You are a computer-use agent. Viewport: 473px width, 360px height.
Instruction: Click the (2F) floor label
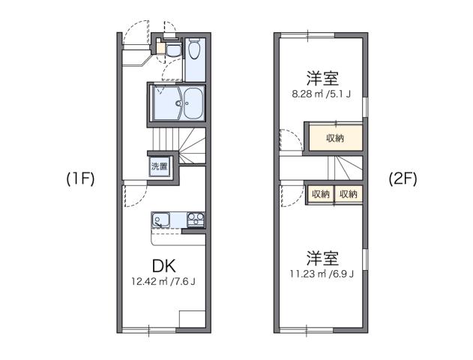pyautogui.click(x=403, y=179)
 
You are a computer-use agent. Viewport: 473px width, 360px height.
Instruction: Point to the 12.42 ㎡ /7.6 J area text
pyautogui.click(x=163, y=282)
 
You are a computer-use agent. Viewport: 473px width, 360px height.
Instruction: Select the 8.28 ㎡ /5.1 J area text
pyautogui.click(x=320, y=95)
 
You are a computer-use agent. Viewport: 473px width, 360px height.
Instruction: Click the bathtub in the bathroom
pyautogui.click(x=193, y=103)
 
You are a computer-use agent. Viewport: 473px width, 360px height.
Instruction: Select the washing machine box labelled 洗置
pyautogui.click(x=159, y=166)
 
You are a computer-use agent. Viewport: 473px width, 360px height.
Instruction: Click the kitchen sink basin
pyautogui.click(x=160, y=220)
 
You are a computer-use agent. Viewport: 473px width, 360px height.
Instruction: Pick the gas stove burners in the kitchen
pyautogui.click(x=195, y=220)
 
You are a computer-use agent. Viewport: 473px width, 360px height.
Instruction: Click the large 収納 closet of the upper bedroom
pyautogui.click(x=334, y=137)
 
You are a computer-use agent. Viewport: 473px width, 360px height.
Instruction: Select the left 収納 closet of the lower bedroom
pyautogui.click(x=320, y=193)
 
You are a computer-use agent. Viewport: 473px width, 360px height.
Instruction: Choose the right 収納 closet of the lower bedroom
pyautogui.click(x=348, y=193)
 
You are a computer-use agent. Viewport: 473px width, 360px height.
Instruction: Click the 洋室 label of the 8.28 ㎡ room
pyautogui.click(x=321, y=78)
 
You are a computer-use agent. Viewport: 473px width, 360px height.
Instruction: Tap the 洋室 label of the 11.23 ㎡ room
pyautogui.click(x=322, y=257)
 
